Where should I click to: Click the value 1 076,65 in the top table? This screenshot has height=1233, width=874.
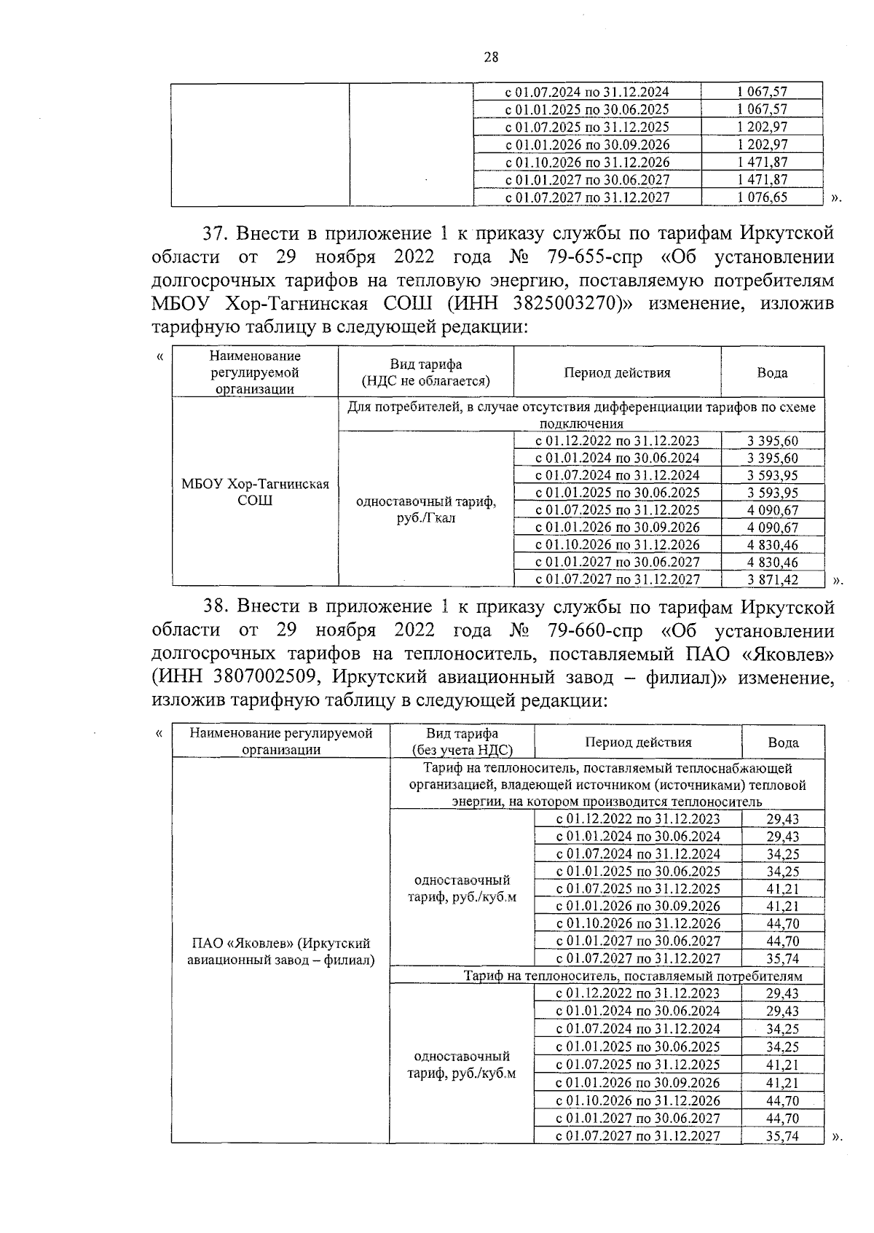(762, 197)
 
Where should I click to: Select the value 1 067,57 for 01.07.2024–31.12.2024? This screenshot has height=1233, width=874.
(762, 92)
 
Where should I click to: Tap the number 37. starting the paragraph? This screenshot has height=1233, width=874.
(216, 234)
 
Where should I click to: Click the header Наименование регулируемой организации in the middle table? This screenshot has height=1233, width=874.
(255, 372)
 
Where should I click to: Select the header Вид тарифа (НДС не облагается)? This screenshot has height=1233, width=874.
(426, 372)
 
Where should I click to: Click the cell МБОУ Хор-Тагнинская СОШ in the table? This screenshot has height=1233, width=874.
(255, 492)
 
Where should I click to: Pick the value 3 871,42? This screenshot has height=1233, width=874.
(772, 579)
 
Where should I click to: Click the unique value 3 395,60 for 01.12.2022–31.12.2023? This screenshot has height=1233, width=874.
(772, 440)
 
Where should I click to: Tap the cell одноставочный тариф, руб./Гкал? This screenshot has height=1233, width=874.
(426, 510)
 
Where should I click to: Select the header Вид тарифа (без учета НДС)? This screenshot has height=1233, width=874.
(462, 742)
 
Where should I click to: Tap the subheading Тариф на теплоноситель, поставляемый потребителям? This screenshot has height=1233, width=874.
(633, 976)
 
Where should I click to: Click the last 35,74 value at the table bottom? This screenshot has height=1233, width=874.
(782, 1135)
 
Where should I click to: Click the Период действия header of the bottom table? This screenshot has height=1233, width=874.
(638, 742)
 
